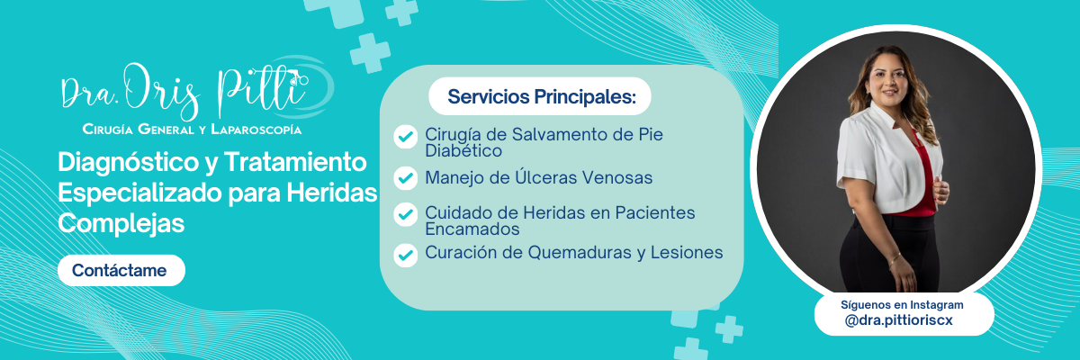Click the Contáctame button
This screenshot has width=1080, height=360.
pyautogui.click(x=121, y=270)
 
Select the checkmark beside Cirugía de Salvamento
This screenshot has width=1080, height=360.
pyautogui.click(x=406, y=137)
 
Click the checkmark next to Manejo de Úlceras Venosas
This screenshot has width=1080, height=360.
pyautogui.click(x=406, y=178)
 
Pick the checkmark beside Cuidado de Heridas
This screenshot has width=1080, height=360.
pyautogui.click(x=406, y=214)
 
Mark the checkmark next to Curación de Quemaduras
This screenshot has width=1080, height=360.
pyautogui.click(x=406, y=255)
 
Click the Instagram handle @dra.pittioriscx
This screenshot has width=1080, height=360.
pyautogui.click(x=899, y=320)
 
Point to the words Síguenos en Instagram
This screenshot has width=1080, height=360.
pyautogui.click(x=902, y=304)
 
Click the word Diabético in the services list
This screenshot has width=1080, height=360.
pyautogui.click(x=463, y=151)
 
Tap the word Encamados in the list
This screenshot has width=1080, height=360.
pyautogui.click(x=472, y=229)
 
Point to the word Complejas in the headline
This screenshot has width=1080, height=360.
pyautogui.click(x=121, y=223)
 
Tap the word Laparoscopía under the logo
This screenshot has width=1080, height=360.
pyautogui.click(x=256, y=130)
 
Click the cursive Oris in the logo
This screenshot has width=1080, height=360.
pyautogui.click(x=161, y=92)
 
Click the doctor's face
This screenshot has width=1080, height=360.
pyautogui.click(x=889, y=78)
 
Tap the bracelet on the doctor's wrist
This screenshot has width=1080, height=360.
pyautogui.click(x=895, y=260)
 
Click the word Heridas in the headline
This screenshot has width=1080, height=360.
pyautogui.click(x=332, y=193)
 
